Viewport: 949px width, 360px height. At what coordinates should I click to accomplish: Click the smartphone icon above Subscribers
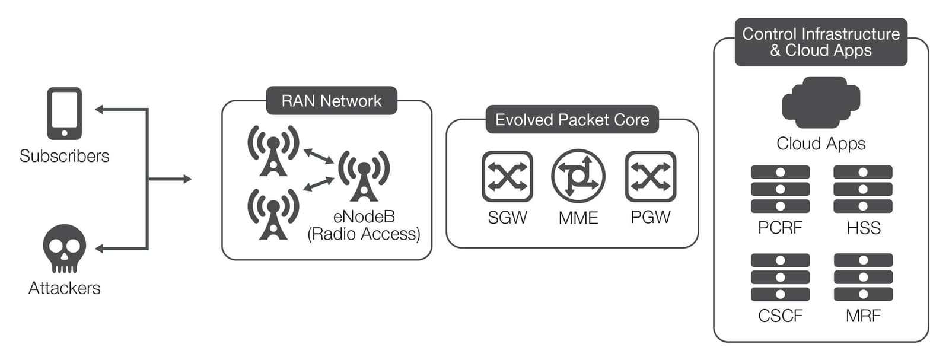(64, 113)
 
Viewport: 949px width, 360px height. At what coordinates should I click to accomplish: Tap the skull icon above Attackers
(64, 248)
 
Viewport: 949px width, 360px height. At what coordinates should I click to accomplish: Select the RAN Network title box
(331, 101)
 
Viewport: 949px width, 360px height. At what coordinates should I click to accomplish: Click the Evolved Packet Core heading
(572, 120)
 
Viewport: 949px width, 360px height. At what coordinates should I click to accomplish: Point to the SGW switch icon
(507, 177)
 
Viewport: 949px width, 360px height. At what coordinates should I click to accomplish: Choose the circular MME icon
(578, 177)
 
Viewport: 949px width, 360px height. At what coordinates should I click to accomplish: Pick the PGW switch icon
(651, 177)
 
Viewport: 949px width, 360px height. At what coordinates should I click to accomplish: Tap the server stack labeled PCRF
(780, 189)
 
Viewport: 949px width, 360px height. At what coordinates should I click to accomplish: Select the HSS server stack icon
(863, 189)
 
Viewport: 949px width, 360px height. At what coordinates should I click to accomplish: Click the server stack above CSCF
(780, 277)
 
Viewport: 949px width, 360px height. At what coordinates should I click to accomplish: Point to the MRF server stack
(863, 277)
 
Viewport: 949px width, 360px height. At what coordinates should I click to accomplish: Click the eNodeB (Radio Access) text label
(364, 225)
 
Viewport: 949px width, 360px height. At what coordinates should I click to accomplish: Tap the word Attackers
(64, 288)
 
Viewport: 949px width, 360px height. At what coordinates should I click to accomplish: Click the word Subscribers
(64, 156)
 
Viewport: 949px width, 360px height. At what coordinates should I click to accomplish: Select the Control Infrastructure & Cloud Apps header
(821, 42)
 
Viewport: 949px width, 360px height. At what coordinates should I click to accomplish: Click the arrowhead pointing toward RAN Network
(187, 179)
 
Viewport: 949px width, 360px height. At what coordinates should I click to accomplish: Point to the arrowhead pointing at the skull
(100, 249)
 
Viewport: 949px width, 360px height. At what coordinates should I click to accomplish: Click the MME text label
(578, 218)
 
